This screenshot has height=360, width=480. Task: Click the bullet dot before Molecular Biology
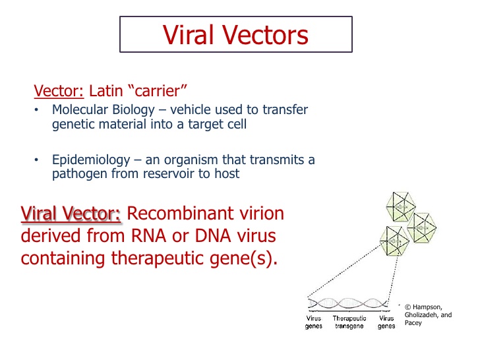38,110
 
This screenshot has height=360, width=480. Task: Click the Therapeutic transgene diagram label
349,322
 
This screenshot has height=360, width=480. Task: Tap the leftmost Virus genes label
313,322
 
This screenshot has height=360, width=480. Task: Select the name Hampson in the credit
429,307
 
